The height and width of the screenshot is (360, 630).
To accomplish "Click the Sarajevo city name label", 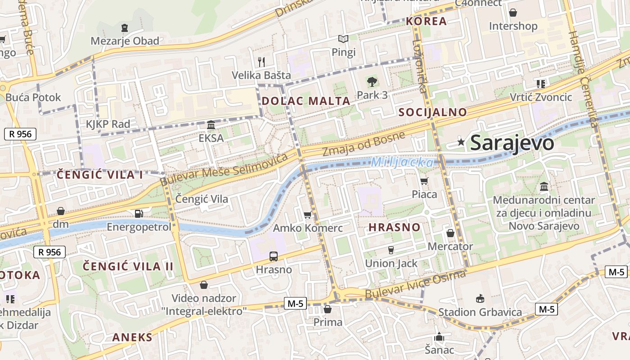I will coord(512,143).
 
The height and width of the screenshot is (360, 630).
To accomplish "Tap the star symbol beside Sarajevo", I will coord(461,142).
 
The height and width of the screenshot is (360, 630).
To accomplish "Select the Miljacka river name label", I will coord(403,162).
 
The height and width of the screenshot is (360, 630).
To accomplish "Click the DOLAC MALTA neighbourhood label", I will coord(306,101).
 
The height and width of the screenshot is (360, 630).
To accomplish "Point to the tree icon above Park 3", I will coord(372,82).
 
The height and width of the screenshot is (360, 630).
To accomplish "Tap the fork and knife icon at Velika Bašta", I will coord(261,62).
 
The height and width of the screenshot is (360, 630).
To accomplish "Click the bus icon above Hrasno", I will coord(274,256).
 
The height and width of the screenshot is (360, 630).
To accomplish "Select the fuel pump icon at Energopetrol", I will coord(139,214).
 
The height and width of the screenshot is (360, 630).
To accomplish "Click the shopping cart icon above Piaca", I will coord(424,181).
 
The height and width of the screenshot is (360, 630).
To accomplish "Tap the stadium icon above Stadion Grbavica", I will coord(480,298).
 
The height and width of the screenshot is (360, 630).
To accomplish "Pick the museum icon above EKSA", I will coord(211,125).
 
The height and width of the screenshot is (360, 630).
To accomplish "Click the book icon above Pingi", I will coord(343,39).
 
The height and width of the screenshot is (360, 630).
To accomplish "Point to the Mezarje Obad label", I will coord(125,41).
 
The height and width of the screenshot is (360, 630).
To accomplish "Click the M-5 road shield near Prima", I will coord(295,304).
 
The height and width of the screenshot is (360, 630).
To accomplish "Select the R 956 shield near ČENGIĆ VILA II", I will coord(49,252).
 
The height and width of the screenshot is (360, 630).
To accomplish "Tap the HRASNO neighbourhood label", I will coord(394,227).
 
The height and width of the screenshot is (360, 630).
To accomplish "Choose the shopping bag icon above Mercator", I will coord(450,233).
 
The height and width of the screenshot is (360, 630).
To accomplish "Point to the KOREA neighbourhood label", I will coord(426,21).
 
